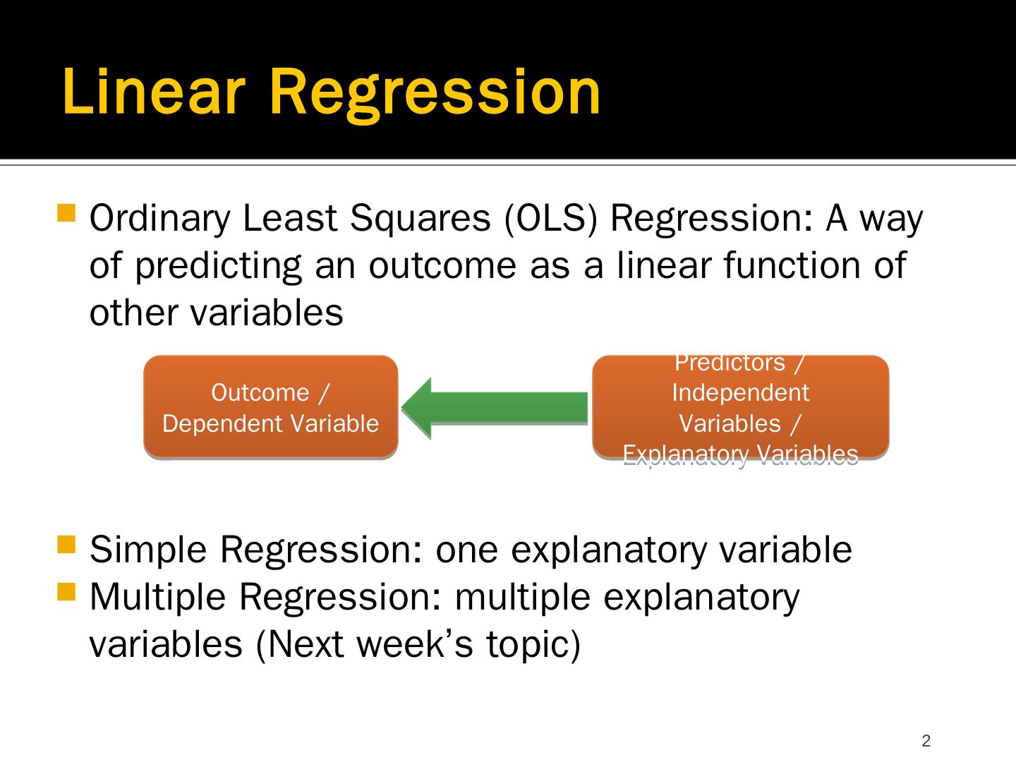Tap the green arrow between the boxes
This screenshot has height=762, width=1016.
click(495, 408)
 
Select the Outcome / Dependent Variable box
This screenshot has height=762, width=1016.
click(271, 407)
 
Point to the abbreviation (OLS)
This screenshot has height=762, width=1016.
click(551, 219)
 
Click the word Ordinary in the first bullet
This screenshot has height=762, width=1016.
click(159, 219)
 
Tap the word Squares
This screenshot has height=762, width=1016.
click(420, 219)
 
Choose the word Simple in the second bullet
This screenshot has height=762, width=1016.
click(148, 550)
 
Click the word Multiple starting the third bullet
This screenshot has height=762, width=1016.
click(158, 598)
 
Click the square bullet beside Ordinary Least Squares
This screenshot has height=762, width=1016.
click(66, 213)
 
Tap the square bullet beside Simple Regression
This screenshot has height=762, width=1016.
click(66, 545)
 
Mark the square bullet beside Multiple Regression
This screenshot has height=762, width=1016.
click(66, 591)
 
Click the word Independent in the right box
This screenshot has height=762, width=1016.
click(741, 393)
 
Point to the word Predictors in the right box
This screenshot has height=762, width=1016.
click(730, 363)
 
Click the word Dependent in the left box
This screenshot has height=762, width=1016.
click(222, 424)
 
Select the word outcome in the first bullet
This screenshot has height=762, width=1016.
click(442, 267)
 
